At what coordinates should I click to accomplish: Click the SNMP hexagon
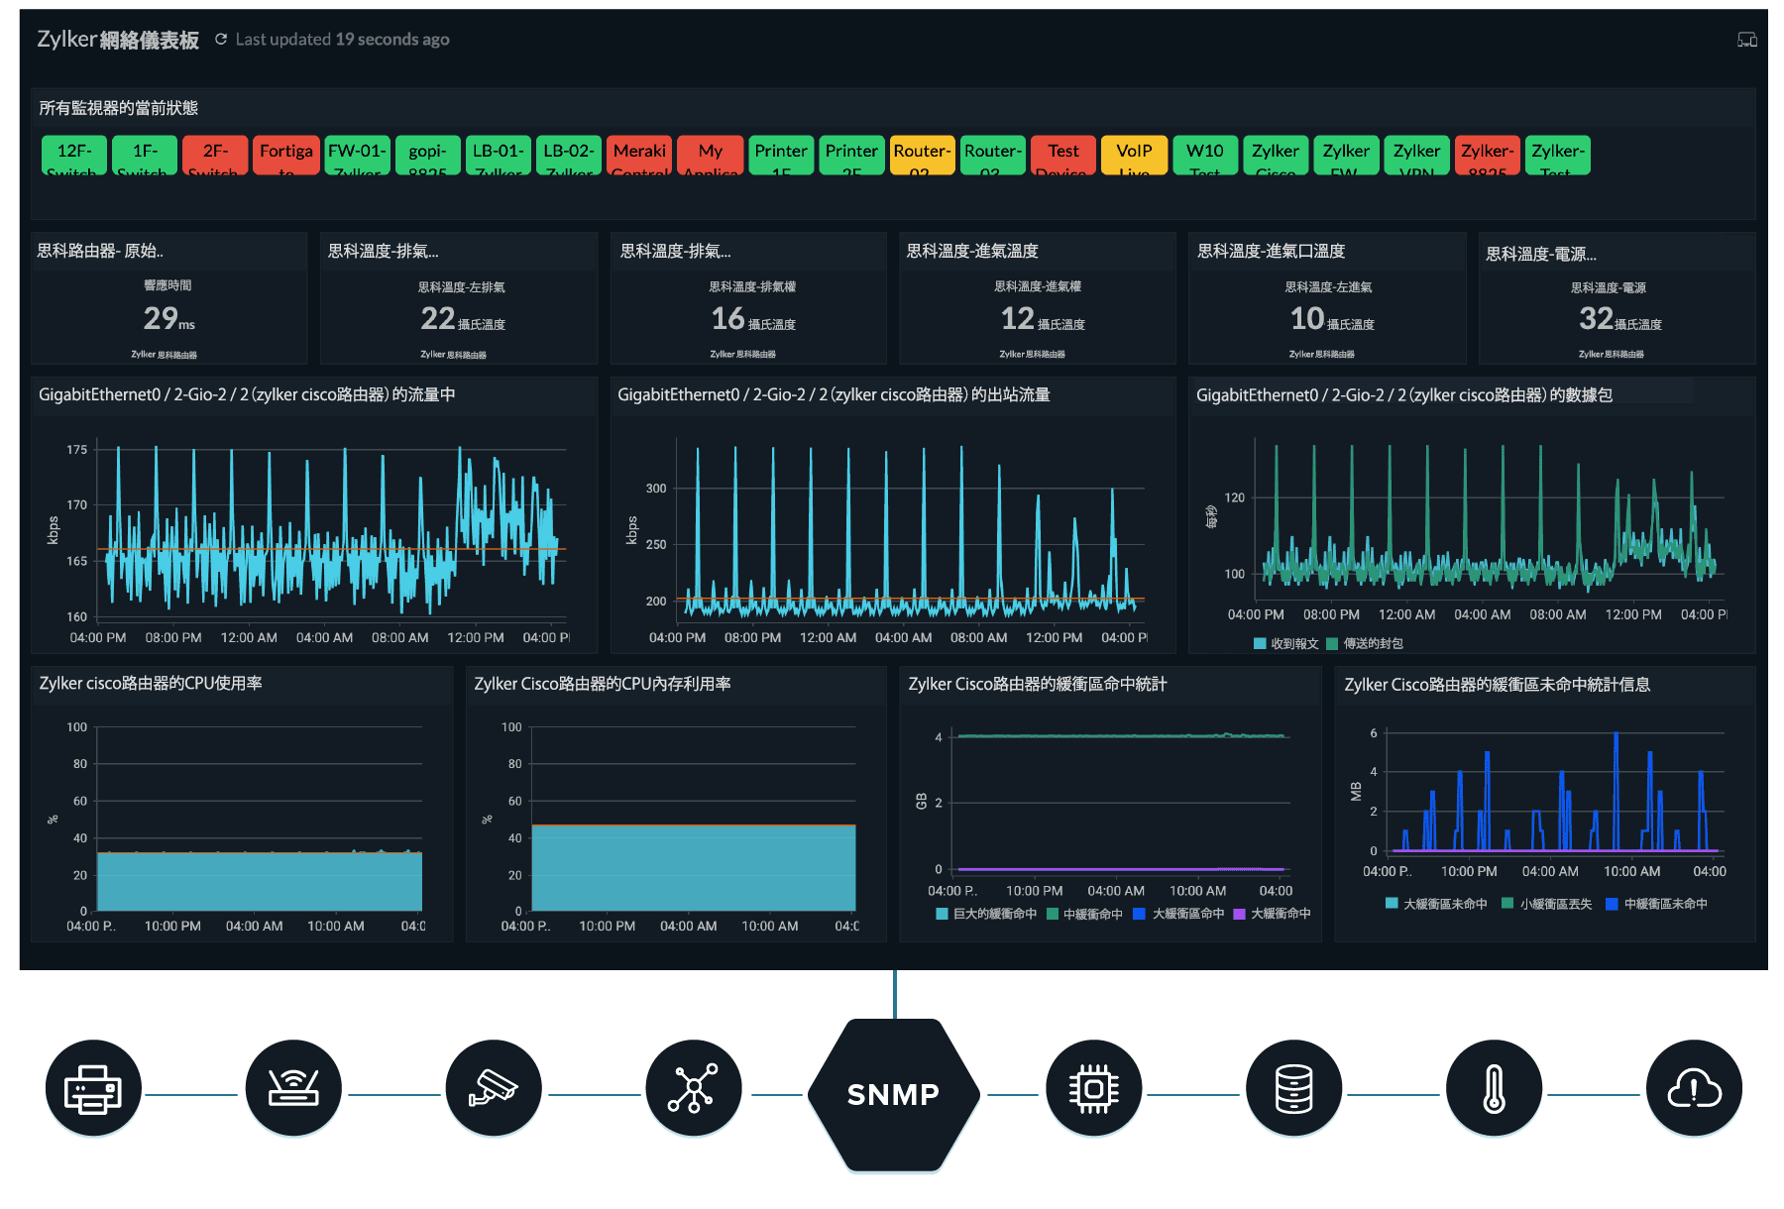pyautogui.click(x=893, y=1094)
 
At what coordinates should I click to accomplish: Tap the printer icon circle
pyautogui.click(x=93, y=1089)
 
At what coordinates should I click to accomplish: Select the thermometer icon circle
pyautogui.click(x=1494, y=1089)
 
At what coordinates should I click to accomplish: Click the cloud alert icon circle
pyautogui.click(x=1694, y=1089)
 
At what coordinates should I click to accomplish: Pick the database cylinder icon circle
pyautogui.click(x=1293, y=1089)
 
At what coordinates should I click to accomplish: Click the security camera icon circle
pyautogui.click(x=494, y=1089)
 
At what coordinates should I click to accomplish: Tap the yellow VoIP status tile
pyautogui.click(x=1134, y=155)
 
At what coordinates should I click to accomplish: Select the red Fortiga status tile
pyautogui.click(x=286, y=155)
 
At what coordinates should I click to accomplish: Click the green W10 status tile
pyautogui.click(x=1204, y=155)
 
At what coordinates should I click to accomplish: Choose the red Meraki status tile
pyautogui.click(x=639, y=155)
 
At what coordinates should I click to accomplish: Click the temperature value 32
pyautogui.click(x=1596, y=318)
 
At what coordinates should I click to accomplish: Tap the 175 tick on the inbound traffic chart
pyautogui.click(x=77, y=449)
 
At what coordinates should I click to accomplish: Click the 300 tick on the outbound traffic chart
pyautogui.click(x=656, y=488)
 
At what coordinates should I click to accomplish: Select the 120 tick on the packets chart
pyautogui.click(x=1234, y=497)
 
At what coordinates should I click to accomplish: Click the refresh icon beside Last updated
pyautogui.click(x=221, y=40)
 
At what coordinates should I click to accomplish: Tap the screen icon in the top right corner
pyautogui.click(x=1746, y=40)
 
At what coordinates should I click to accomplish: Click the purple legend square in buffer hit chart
pyautogui.click(x=1239, y=914)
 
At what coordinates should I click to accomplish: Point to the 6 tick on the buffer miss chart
pyautogui.click(x=1374, y=733)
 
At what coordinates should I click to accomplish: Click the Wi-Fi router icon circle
pyautogui.click(x=293, y=1089)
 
